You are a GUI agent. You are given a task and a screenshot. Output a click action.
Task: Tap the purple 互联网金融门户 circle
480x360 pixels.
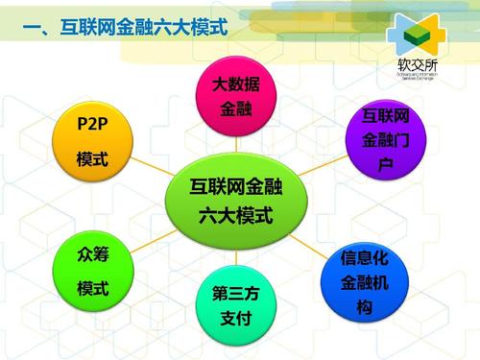pyautogui.click(x=385, y=142)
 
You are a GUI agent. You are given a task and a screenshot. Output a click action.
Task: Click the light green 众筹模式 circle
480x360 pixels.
pyautogui.click(x=92, y=271)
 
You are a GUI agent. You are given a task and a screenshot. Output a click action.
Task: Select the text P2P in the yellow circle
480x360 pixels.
pyautogui.click(x=92, y=123)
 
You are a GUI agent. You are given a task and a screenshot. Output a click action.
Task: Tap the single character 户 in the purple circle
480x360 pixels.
pyautogui.click(x=385, y=166)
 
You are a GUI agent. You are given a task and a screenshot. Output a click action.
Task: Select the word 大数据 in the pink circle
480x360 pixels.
pyautogui.click(x=235, y=85)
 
